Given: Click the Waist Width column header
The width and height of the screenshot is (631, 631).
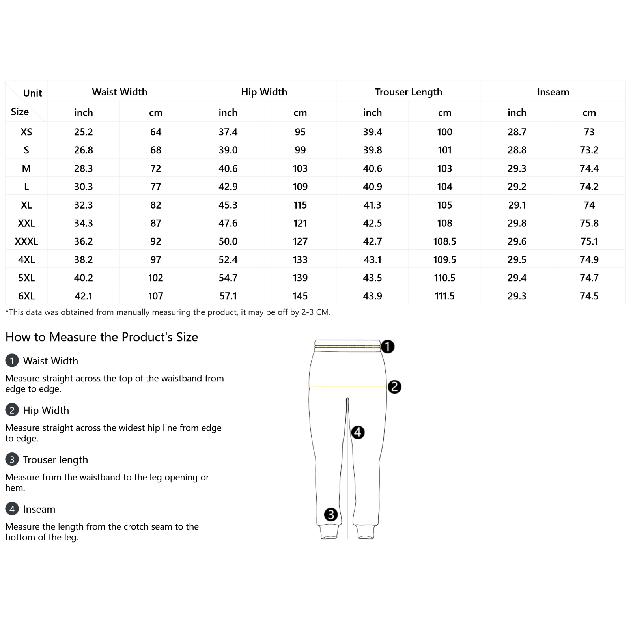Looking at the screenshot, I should tap(119, 92).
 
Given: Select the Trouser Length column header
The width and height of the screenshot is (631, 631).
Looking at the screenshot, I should tap(408, 92).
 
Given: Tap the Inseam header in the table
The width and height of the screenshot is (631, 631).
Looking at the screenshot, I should tap(553, 92).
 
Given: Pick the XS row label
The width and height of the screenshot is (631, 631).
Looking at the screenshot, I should tap(26, 132).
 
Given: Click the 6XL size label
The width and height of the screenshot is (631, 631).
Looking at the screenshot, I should tap(26, 296).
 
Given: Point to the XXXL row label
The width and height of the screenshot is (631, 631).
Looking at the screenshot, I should tap(26, 241).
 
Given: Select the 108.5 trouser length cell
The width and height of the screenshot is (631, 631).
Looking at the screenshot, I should tap(444, 241).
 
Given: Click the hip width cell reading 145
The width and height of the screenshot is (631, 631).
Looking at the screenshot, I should tap(300, 296).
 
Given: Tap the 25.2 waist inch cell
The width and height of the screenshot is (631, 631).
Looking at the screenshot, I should tap(83, 132).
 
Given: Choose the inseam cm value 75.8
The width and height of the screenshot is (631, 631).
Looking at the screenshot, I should tap(589, 223).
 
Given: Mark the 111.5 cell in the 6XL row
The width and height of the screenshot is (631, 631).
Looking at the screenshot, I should tap(444, 296).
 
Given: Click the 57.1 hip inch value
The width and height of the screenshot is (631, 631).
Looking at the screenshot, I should tap(228, 296).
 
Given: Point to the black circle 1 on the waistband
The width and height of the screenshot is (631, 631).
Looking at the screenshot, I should tap(388, 347).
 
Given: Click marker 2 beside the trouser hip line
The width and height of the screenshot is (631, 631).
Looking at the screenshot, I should tap(394, 387).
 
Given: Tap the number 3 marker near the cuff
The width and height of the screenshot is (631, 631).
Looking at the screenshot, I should tap(330, 514).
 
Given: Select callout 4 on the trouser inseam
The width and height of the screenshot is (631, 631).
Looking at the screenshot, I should tap(358, 432).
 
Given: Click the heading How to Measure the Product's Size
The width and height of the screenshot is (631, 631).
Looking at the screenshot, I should tap(102, 337).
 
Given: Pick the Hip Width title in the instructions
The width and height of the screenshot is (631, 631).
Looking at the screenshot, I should tap(46, 410).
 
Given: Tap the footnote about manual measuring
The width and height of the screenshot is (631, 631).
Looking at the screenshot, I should tap(168, 312).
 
